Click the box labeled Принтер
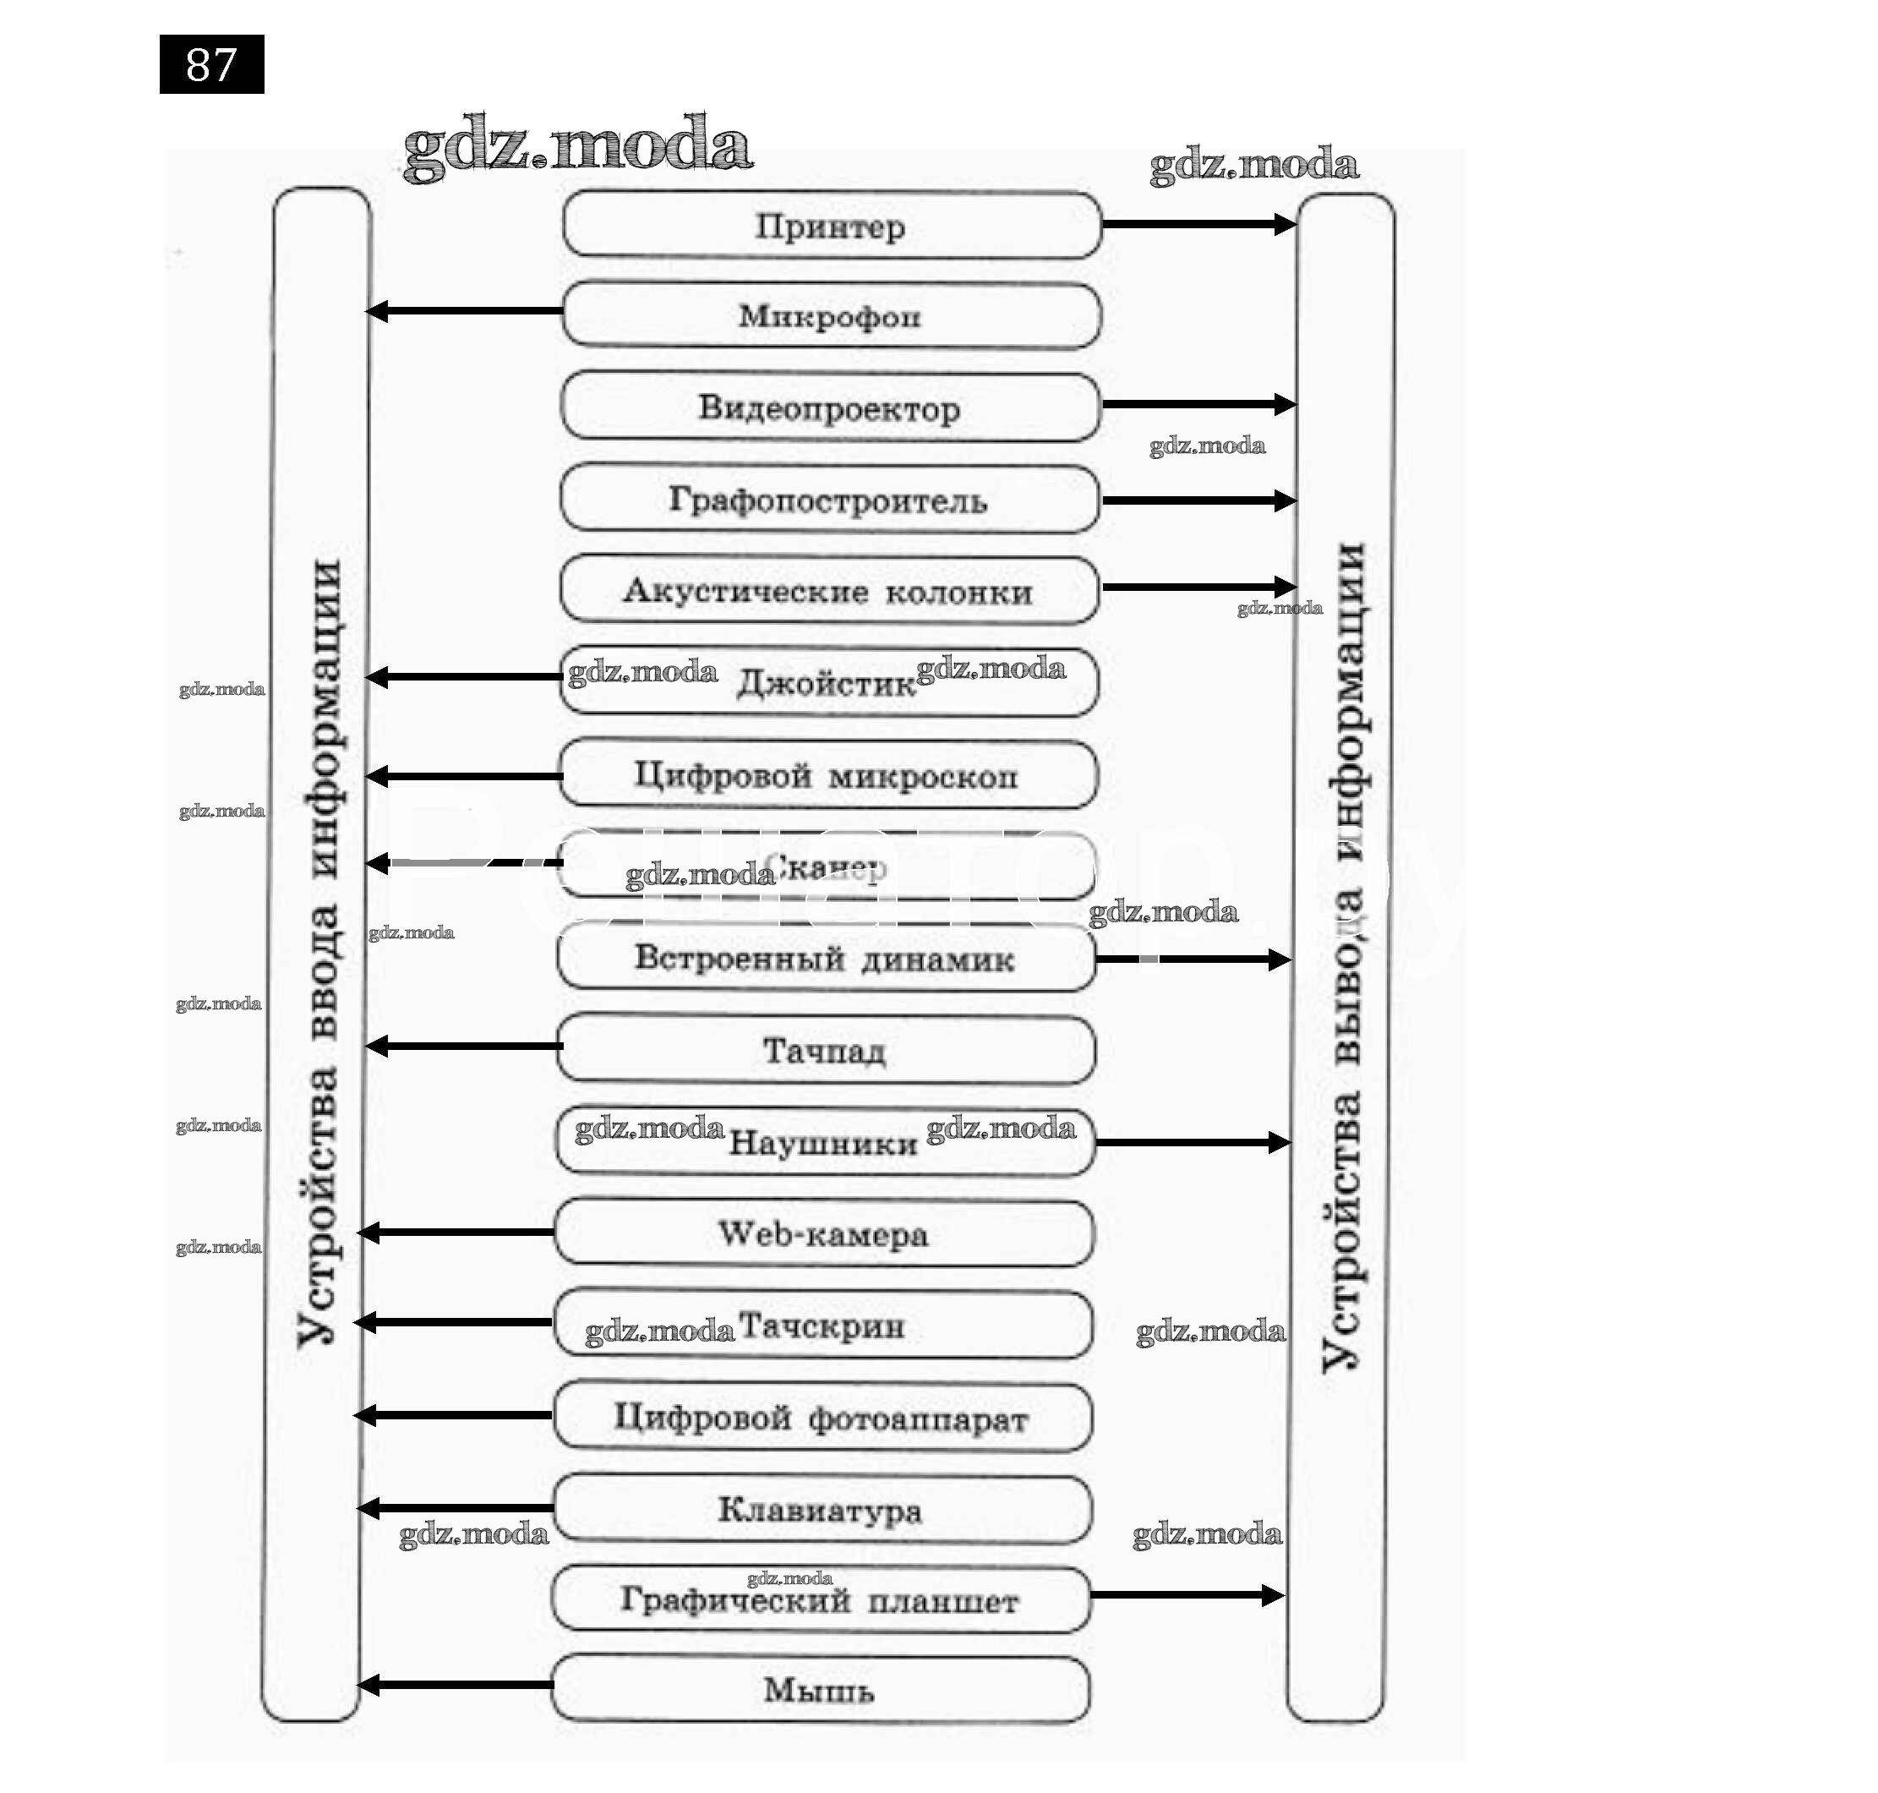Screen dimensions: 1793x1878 (x=831, y=226)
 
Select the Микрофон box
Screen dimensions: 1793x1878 (x=831, y=315)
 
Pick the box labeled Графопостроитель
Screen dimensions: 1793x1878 (x=828, y=499)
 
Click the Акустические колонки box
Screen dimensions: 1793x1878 (x=828, y=591)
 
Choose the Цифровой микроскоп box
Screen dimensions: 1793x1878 (x=827, y=775)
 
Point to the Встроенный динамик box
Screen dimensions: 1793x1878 (x=826, y=958)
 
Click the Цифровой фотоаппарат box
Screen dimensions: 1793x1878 (x=822, y=1419)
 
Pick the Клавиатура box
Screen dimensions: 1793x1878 (x=821, y=1510)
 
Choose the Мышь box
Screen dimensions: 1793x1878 (x=820, y=1690)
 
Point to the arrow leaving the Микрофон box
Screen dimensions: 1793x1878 (x=466, y=310)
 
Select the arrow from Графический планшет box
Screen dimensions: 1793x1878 (x=1186, y=1595)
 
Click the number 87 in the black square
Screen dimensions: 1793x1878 (x=211, y=65)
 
